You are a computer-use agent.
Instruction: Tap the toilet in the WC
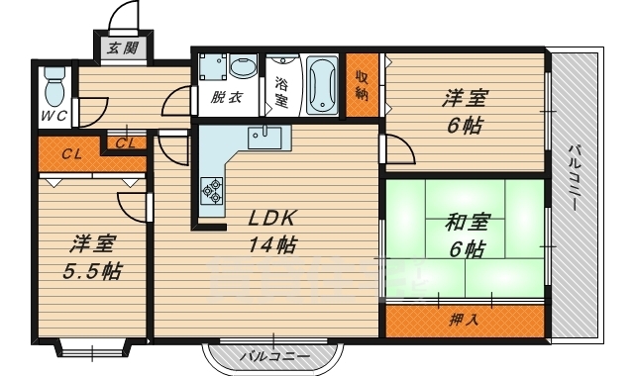(55, 88)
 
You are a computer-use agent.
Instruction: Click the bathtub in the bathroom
(322, 84)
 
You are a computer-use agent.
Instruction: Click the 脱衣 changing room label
(228, 97)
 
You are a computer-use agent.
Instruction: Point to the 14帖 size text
(273, 243)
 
